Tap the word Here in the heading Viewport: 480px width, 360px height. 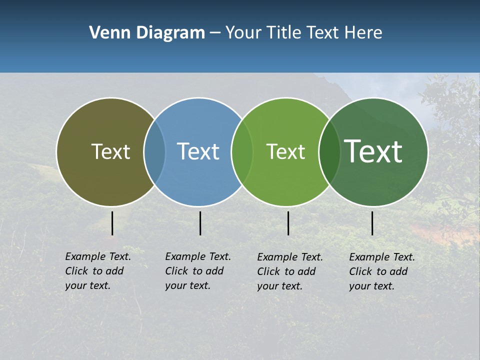coord(363,33)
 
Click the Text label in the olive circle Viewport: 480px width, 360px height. coord(110,151)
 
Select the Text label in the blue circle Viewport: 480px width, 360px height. coord(198,151)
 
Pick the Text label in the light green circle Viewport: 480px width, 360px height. coord(285,151)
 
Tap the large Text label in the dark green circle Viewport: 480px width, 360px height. coord(373,151)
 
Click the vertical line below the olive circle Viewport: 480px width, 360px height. coord(112,223)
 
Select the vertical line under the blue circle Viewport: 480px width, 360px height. coord(200,223)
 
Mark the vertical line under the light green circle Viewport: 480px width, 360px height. coord(288,223)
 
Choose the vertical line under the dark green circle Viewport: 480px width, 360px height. coord(372,223)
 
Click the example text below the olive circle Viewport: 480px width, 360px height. coord(97,271)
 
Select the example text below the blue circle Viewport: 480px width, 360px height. coord(197,271)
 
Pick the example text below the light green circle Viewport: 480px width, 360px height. coord(289,271)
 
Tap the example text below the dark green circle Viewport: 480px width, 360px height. coord(381,271)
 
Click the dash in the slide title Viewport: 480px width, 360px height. coord(215,33)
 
